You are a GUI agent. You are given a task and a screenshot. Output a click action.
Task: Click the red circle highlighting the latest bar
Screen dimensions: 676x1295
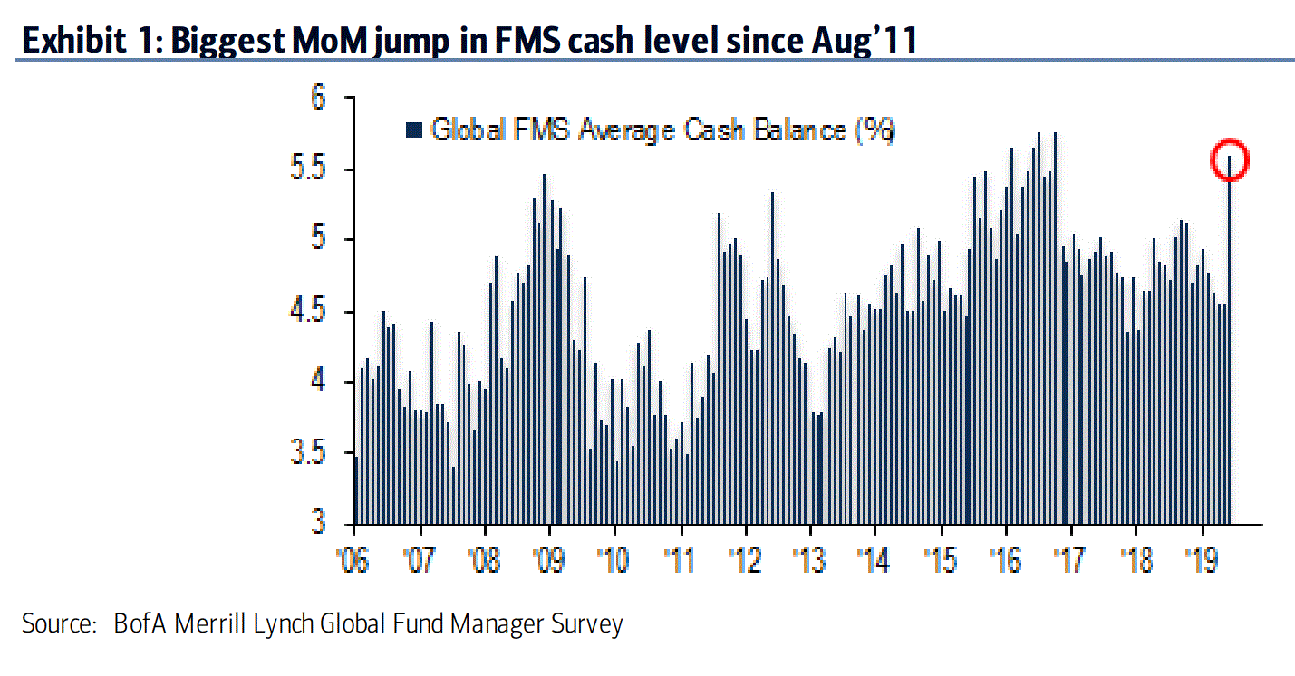(x=1231, y=159)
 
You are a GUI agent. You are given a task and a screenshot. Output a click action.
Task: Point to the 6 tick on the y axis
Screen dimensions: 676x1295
(x=317, y=97)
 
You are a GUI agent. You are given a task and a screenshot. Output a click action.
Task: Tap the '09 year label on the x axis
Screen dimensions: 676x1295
(x=548, y=561)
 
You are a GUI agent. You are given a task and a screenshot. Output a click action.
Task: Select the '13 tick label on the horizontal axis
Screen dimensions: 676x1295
(x=809, y=561)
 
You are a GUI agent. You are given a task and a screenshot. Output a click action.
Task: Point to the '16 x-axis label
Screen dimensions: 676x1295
(x=1006, y=561)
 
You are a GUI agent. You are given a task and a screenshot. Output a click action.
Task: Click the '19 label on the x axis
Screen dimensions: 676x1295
(x=1202, y=561)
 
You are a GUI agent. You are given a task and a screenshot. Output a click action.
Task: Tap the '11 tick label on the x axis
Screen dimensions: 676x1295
(x=679, y=561)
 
